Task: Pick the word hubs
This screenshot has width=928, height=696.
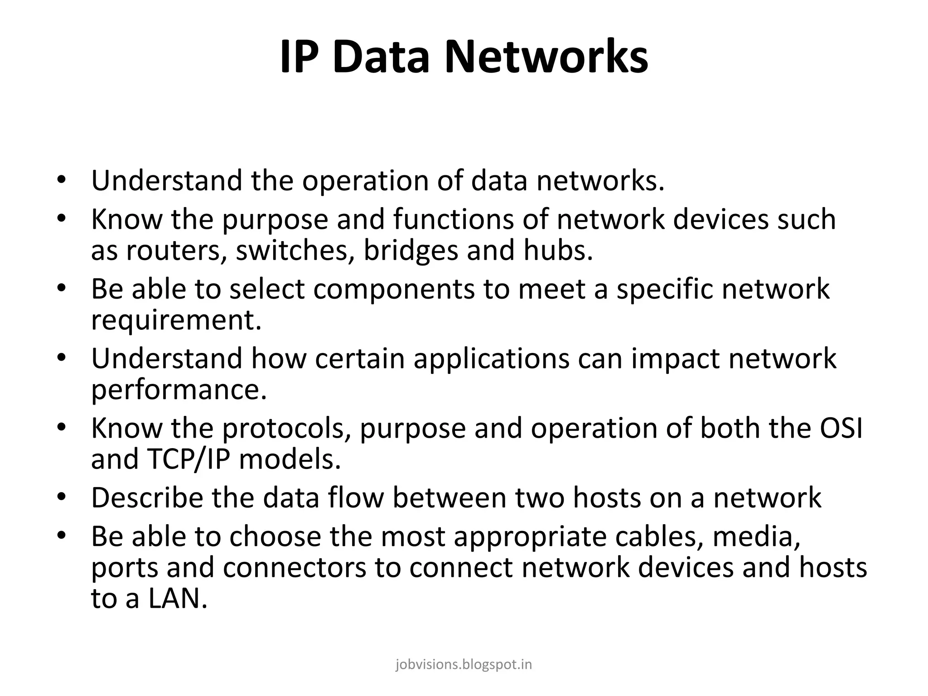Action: (x=558, y=251)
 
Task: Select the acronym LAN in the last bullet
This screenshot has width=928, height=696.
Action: (x=177, y=599)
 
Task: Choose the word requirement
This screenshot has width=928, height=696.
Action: (x=176, y=321)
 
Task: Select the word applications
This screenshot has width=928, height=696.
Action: (x=491, y=359)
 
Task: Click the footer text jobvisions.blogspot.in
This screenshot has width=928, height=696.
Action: (x=464, y=665)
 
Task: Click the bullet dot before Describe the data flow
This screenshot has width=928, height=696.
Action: (x=62, y=497)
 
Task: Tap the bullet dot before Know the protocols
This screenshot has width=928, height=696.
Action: (x=62, y=427)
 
